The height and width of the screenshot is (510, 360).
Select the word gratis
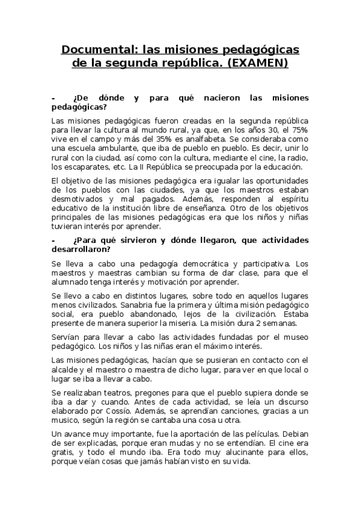pyautogui.click(x=64, y=453)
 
